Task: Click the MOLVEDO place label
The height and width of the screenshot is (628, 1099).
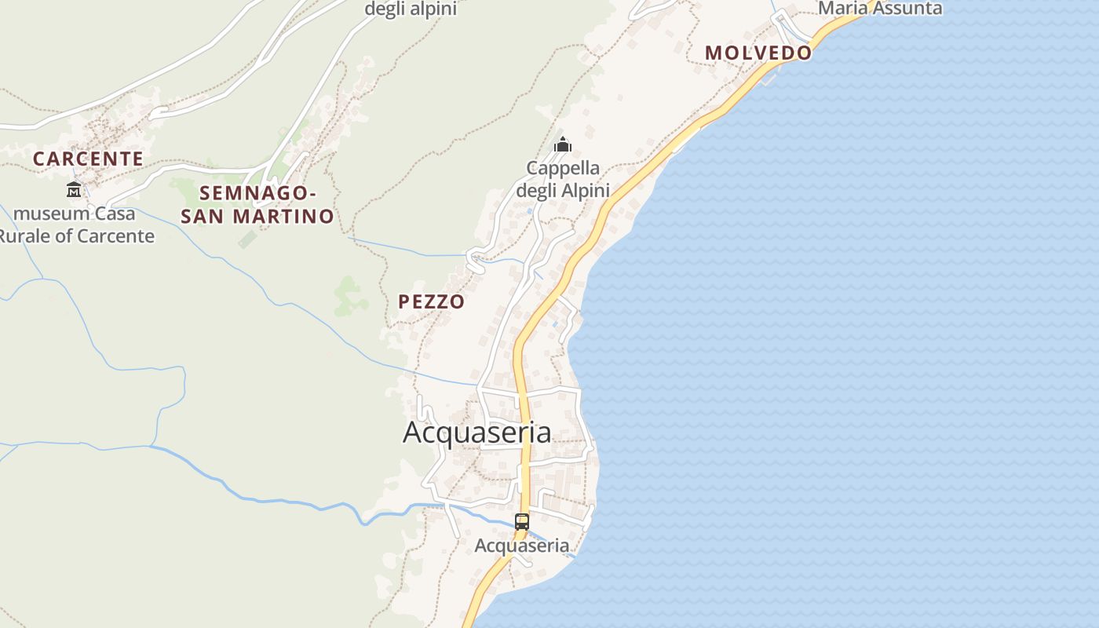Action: [758, 53]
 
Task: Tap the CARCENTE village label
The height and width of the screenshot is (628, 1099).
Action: [88, 159]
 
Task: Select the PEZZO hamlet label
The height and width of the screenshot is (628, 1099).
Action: [431, 301]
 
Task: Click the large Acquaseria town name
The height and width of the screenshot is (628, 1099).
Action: [476, 432]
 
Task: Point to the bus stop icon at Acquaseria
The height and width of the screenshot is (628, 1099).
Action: [522, 521]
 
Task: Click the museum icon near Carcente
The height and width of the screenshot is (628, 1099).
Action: [74, 189]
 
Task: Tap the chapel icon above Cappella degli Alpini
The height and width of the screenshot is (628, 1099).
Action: [562, 144]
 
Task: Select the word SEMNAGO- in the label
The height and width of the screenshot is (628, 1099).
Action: [257, 193]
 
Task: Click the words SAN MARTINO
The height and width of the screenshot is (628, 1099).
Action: [257, 216]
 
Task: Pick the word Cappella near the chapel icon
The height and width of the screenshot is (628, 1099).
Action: [563, 168]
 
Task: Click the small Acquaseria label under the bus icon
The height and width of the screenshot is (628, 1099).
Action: [522, 546]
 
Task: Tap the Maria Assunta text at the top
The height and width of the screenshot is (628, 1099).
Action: [880, 9]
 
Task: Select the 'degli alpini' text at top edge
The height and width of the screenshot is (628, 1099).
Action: [411, 9]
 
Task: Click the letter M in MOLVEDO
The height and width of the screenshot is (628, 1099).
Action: [713, 53]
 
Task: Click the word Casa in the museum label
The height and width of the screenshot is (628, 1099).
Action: [115, 214]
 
